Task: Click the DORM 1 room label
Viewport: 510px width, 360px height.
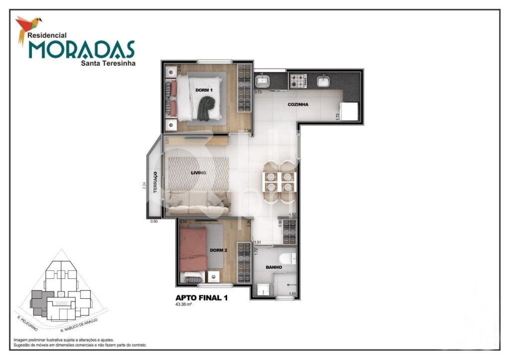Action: (204, 90)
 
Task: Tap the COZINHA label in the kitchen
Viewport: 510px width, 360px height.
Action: (298, 105)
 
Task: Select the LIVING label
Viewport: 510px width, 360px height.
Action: (198, 173)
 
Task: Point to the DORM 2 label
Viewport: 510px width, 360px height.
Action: (218, 250)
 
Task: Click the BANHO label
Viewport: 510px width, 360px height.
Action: (275, 267)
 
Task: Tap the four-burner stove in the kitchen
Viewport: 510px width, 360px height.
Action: (298, 81)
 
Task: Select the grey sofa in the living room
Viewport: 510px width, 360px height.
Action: (198, 202)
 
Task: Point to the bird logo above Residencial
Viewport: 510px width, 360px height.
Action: (28, 26)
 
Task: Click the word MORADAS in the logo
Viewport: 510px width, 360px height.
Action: (81, 50)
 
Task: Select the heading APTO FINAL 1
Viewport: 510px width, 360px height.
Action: (202, 298)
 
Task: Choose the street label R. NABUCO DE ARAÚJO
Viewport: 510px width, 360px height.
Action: (79, 325)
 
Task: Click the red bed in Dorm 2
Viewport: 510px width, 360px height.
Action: (193, 249)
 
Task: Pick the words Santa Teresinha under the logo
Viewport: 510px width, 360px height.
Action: (108, 63)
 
